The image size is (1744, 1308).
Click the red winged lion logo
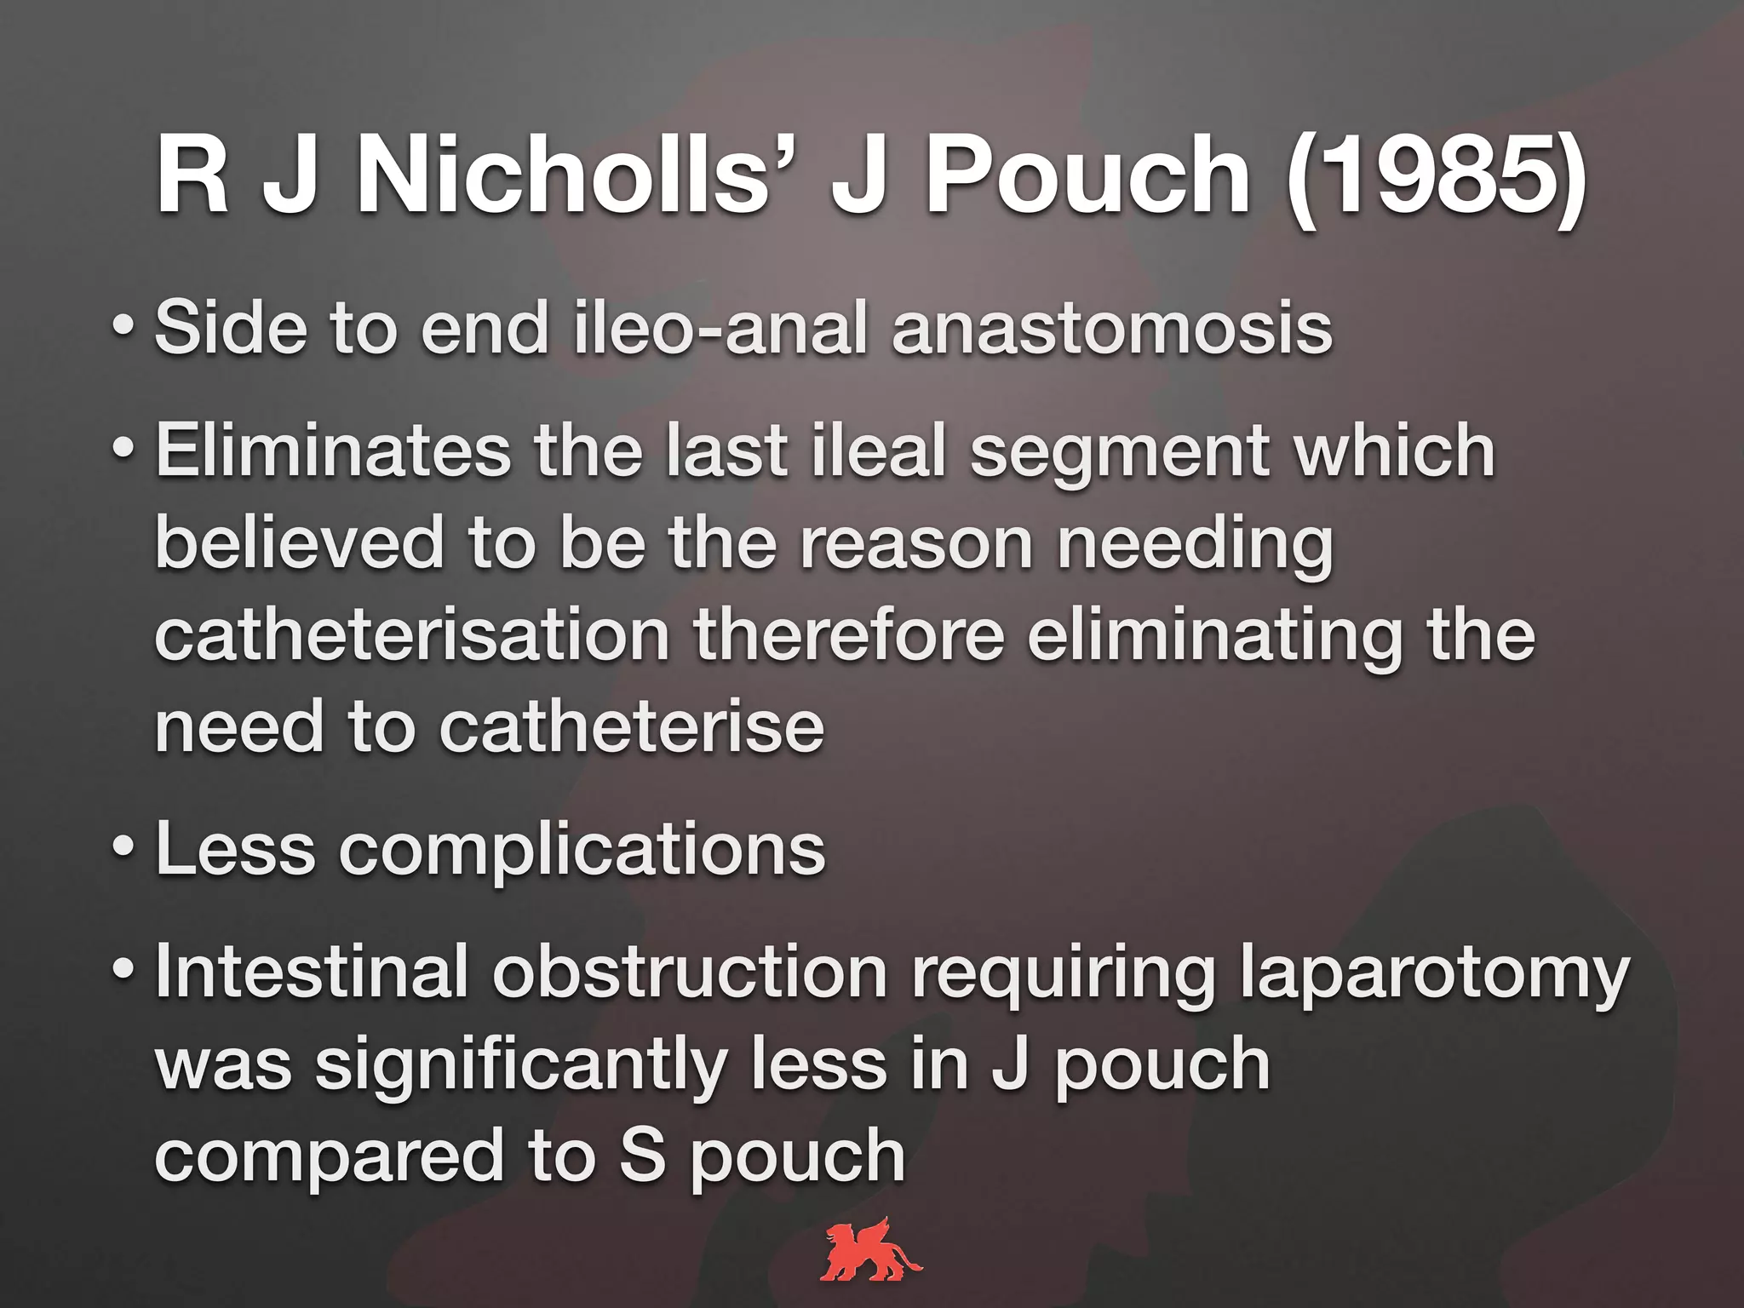click(x=870, y=1250)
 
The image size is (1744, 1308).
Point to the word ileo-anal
click(x=720, y=329)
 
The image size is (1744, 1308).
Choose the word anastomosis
click(x=1111, y=329)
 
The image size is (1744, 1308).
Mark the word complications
click(x=582, y=852)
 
